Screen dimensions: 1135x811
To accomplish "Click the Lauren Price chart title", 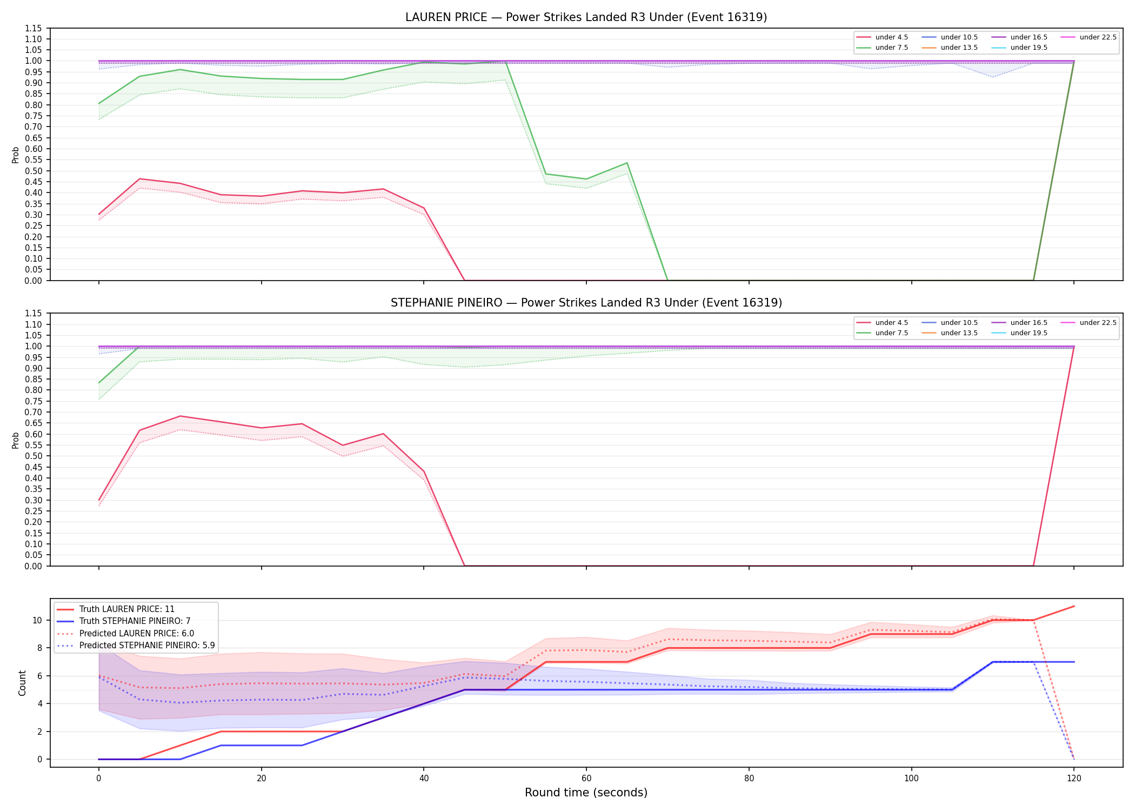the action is point(586,17).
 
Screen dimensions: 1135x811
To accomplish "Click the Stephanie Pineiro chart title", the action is point(586,303).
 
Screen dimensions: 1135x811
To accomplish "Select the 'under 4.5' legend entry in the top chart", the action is point(883,37).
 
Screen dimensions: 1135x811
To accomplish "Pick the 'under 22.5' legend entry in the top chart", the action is point(1089,37).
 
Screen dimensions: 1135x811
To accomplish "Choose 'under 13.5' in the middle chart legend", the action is point(950,333).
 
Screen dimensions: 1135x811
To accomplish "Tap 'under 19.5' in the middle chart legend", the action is point(1019,333).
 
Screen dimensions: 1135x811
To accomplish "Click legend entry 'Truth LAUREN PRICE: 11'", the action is point(116,609).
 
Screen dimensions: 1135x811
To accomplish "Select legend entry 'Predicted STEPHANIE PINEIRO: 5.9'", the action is point(136,646).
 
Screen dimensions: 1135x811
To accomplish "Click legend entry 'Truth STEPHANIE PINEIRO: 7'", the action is point(124,621).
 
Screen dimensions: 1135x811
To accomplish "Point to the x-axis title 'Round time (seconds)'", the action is point(586,793).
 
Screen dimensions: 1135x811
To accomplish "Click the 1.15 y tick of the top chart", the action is point(34,28).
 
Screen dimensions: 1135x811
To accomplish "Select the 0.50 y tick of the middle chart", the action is point(34,456).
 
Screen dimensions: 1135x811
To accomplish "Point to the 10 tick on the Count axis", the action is point(37,620).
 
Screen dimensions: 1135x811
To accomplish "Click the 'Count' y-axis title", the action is point(22,683).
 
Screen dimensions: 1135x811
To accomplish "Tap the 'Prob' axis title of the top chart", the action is point(16,155).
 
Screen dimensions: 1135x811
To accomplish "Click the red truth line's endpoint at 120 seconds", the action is point(1074,606).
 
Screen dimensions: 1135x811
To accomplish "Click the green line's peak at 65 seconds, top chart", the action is point(627,163).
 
